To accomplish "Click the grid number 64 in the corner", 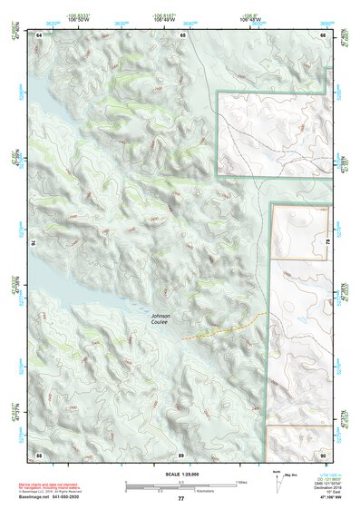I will pyautogui.click(x=39, y=34).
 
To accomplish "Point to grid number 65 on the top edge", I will pyautogui.click(x=182, y=34).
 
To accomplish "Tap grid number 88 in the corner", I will pyautogui.click(x=39, y=454).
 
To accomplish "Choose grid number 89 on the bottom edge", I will pyautogui.click(x=181, y=454).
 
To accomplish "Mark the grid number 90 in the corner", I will pyautogui.click(x=324, y=454).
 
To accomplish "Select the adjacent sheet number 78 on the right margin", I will pyautogui.click(x=327, y=243).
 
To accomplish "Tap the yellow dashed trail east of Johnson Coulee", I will pyautogui.click(x=222, y=326).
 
